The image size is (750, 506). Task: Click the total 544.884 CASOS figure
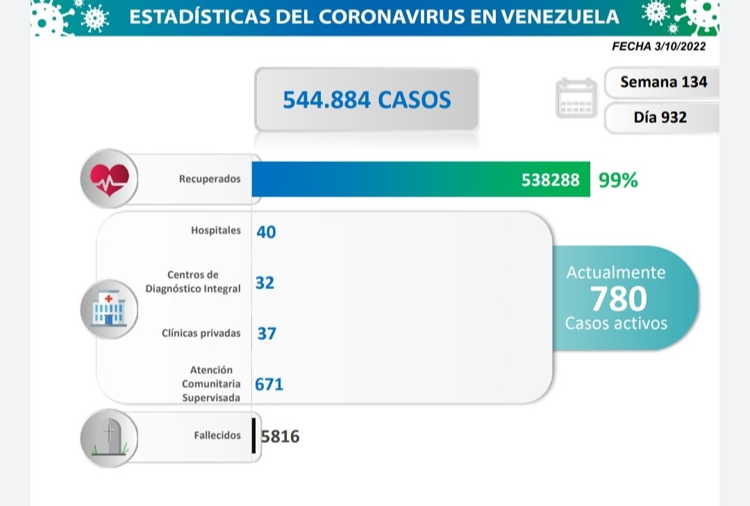(367, 100)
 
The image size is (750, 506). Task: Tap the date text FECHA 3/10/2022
(659, 47)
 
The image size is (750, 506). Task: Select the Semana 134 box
(663, 82)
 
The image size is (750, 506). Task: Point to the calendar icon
(576, 99)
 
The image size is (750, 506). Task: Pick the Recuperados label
(210, 179)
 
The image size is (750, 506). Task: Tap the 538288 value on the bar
(550, 181)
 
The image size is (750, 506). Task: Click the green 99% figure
(618, 181)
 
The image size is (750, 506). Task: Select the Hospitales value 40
(266, 231)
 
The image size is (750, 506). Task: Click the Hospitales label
(216, 230)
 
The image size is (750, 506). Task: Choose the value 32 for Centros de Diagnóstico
(265, 283)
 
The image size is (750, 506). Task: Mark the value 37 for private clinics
(266, 334)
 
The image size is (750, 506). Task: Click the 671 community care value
(269, 384)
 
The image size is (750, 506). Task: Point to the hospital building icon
(108, 309)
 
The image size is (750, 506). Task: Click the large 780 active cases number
(618, 299)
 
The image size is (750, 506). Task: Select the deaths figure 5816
(281, 436)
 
